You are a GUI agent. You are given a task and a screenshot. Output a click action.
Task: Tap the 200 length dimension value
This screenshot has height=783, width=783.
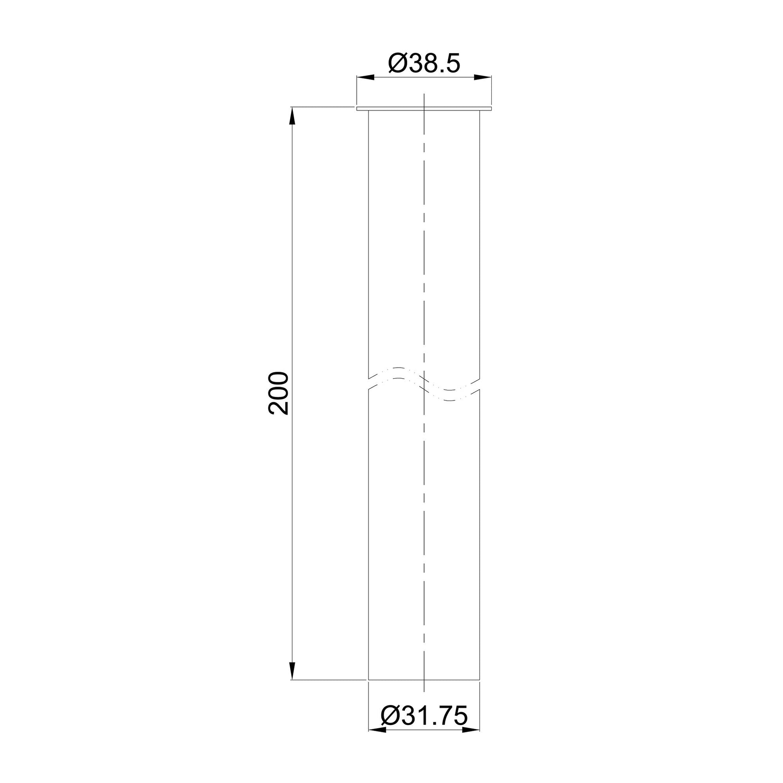[x=279, y=393]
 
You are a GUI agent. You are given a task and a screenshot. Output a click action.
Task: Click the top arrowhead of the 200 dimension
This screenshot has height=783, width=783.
[x=292, y=116]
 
